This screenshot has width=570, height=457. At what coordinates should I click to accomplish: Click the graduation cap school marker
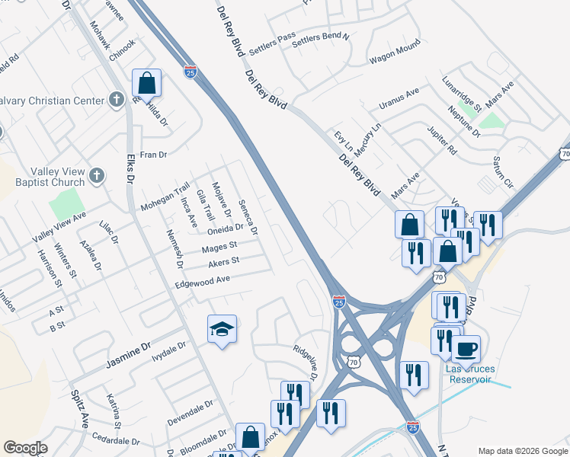[x=222, y=329]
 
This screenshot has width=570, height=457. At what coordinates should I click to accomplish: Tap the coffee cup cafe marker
[x=466, y=350]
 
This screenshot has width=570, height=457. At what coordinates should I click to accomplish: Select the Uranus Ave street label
[x=400, y=99]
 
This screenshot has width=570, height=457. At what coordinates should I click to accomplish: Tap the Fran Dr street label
[x=152, y=155]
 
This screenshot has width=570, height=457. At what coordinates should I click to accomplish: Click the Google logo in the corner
[x=25, y=448]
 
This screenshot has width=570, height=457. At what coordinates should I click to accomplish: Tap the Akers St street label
[x=224, y=263]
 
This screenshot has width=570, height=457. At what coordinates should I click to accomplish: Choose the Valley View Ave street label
[x=59, y=228]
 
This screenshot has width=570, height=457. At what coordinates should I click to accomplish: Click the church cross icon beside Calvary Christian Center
[x=116, y=99]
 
